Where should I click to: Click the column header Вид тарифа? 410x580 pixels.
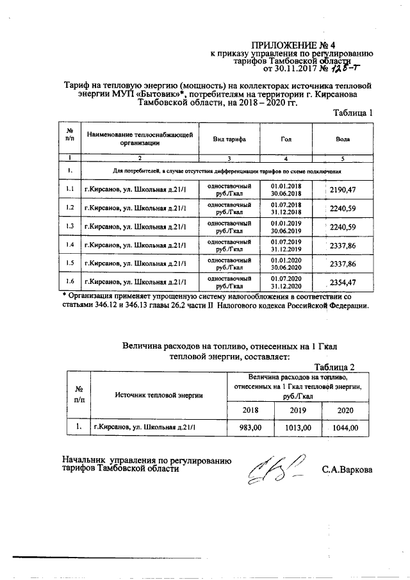pos(226,139)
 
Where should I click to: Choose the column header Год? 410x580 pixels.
pos(286,139)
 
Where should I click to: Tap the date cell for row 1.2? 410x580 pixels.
pos(286,208)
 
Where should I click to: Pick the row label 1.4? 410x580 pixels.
pos(70,245)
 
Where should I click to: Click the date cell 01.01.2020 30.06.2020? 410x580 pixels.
pos(286,264)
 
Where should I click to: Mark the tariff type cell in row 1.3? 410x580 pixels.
pos(226,227)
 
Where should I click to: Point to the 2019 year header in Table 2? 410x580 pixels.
pos(298,410)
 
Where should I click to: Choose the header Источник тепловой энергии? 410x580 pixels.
pos(159,395)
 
